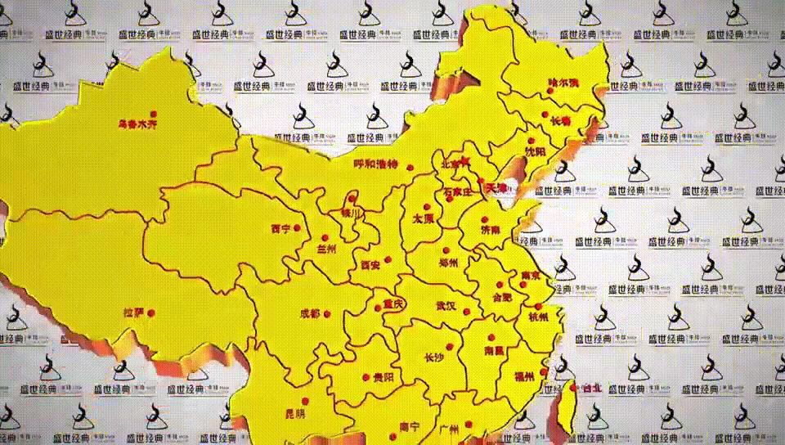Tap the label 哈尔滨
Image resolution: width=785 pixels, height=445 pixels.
coord(563,83)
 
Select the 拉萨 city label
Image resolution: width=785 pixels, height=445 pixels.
coord(133,312)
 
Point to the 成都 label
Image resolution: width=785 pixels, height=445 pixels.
coord(310,313)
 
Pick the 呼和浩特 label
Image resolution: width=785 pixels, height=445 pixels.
coord(375,164)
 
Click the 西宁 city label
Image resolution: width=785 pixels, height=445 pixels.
coord(280,228)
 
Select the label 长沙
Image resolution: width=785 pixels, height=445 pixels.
coord(435,357)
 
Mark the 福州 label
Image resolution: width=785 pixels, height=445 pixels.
coord(524,376)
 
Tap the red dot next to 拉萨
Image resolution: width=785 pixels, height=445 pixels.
coord(151,312)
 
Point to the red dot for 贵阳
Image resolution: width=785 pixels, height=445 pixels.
coord(366,377)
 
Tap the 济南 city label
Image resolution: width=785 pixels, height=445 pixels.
coord(491,231)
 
